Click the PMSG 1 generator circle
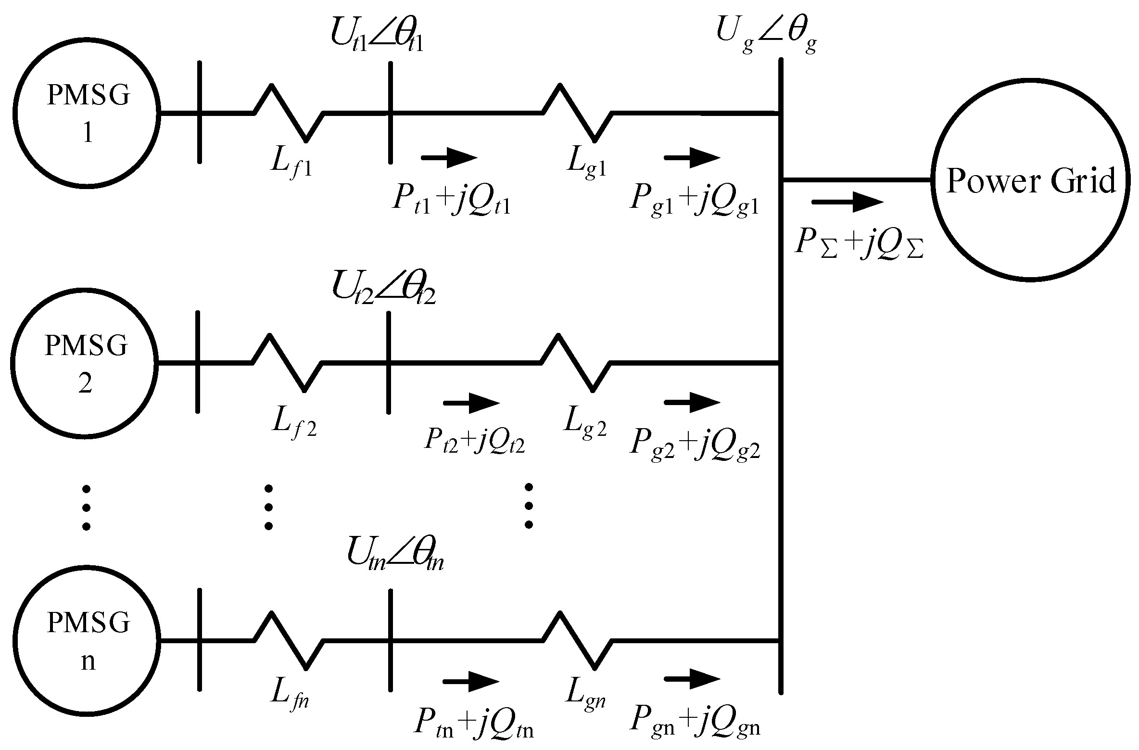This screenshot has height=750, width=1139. pyautogui.click(x=87, y=114)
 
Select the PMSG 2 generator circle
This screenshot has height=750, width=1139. pyautogui.click(x=85, y=363)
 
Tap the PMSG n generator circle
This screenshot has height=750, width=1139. pyautogui.click(x=87, y=641)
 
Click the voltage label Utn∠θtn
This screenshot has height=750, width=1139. pyautogui.click(x=394, y=558)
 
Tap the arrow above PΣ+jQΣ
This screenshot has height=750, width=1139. pyautogui.click(x=847, y=202)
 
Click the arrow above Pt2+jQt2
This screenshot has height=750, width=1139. pyautogui.click(x=471, y=403)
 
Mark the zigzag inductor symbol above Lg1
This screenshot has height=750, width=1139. pyautogui.click(x=577, y=114)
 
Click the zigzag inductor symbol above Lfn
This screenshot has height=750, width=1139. pyautogui.click(x=289, y=641)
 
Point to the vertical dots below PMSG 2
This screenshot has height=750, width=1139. pyautogui.click(x=87, y=508)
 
